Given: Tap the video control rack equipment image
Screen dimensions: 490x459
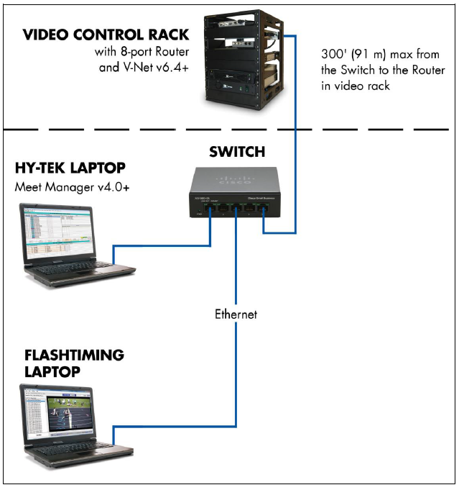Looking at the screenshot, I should click(x=234, y=61).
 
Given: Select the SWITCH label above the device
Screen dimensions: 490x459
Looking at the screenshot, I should click(x=236, y=152).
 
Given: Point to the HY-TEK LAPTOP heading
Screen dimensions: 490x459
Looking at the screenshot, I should click(x=70, y=168).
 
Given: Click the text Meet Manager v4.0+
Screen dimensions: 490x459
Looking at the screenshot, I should click(x=63, y=187).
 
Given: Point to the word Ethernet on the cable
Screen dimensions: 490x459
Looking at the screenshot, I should click(x=236, y=314).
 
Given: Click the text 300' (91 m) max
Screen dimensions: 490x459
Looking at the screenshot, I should click(x=357, y=55).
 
